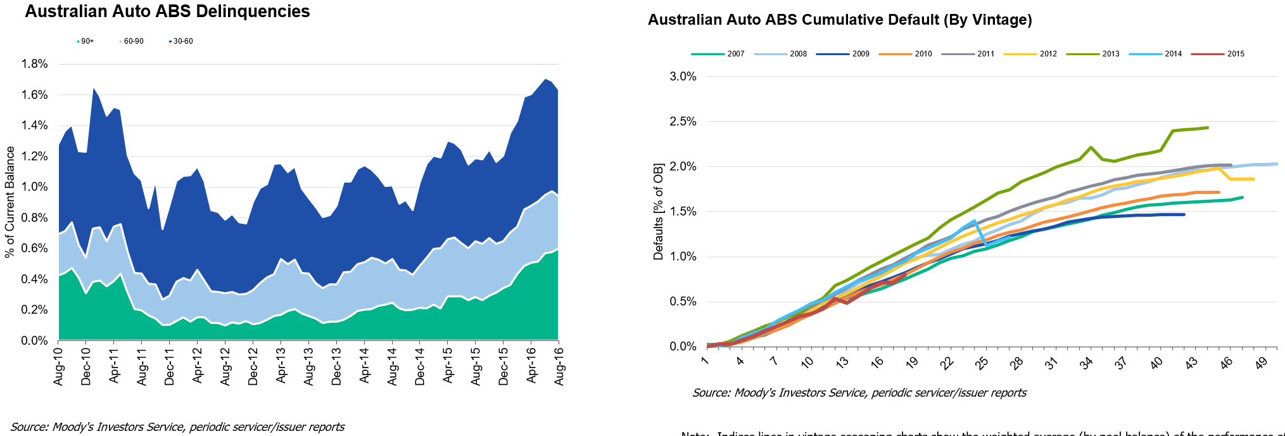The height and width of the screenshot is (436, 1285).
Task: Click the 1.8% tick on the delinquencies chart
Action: point(35,64)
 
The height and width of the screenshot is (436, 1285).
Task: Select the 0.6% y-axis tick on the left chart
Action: point(35,248)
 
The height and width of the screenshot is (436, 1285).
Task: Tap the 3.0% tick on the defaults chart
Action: point(683,77)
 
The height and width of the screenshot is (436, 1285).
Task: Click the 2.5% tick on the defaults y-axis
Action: point(683,122)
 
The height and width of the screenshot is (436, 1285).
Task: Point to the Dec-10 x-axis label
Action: point(86,366)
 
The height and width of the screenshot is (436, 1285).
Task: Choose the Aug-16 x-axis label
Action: point(560,366)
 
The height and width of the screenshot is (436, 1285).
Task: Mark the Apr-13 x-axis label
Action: point(281,366)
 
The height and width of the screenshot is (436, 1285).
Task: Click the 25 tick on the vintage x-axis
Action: point(981,363)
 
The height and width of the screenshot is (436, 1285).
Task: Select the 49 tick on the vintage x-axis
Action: point(1261,363)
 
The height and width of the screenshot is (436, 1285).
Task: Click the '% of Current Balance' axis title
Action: point(9,202)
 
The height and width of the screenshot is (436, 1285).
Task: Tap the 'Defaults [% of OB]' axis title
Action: point(659,212)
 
